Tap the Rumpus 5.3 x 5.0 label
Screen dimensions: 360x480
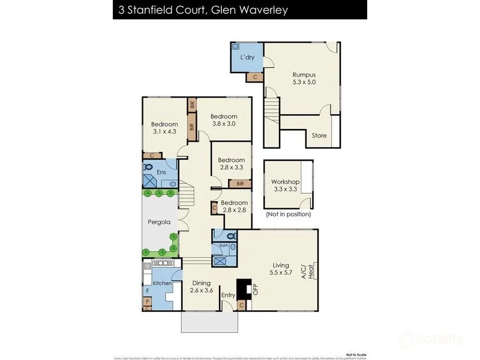pos(304,79)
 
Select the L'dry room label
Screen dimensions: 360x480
pos(247,58)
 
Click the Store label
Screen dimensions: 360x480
pos(319,136)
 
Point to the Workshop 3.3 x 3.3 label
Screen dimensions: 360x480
pos(285,185)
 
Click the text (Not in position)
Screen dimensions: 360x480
pos(289,214)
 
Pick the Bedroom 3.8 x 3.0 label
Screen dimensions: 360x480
pos(224,120)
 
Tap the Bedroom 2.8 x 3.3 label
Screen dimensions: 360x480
pos(231,164)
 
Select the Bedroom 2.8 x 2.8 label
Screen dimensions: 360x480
pos(234,207)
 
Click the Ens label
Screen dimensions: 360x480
pos(161,173)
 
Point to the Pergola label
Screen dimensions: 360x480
pos(159,222)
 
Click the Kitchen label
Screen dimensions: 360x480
pos(163,283)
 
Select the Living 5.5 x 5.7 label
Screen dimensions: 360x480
pos(280,269)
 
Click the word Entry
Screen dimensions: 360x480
pos(229,295)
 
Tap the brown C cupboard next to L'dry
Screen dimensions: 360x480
pos(255,77)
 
